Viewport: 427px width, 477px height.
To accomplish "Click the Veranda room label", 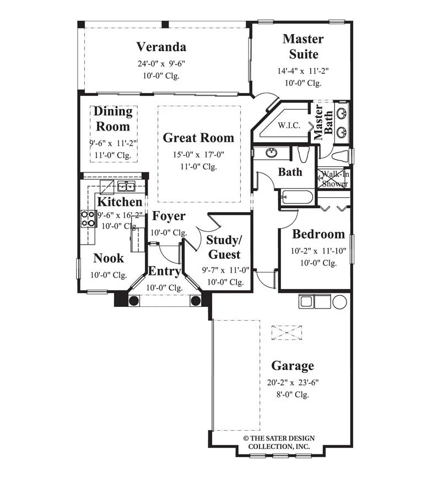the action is tap(161, 47).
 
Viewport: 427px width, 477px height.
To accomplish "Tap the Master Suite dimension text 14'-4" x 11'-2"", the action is tap(303, 71).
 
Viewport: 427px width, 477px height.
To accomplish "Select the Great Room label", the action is tap(198, 138).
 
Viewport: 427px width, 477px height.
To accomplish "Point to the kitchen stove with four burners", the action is tap(88, 219).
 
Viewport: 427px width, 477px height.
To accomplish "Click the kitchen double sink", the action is tap(126, 186).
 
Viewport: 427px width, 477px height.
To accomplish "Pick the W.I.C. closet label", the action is tap(289, 125).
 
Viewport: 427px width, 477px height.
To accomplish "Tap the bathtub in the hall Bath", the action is tap(297, 197).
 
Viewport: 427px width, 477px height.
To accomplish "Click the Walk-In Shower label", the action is tap(335, 179).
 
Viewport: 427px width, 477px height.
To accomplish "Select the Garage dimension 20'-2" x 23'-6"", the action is tap(293, 382).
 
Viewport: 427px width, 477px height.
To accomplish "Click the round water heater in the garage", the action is tap(339, 302).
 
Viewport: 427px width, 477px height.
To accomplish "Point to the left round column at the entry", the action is tap(133, 301).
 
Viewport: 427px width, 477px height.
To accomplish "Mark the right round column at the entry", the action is tap(196, 301).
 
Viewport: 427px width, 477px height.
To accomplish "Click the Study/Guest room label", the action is tap(224, 247).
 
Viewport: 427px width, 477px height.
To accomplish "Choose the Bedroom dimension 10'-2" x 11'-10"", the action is tap(318, 251).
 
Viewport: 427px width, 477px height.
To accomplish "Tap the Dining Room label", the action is tap(113, 119).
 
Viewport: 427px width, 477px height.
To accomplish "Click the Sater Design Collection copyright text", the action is tap(279, 442).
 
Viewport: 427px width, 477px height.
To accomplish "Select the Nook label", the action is tap(109, 258).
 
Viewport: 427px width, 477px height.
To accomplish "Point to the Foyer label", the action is tap(169, 216).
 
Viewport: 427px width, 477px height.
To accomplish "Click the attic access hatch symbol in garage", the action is tap(287, 333).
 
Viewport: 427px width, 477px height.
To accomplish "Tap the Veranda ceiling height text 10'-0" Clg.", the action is tap(161, 75).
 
